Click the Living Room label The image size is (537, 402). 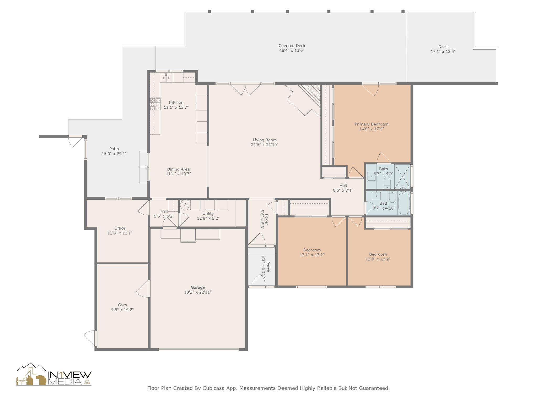(265, 140)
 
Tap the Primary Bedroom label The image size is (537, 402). (371, 124)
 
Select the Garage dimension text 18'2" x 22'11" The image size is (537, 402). (198, 292)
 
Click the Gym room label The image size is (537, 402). (122, 305)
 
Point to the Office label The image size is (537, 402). (120, 228)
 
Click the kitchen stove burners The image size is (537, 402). (155, 104)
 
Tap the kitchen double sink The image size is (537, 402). (166, 78)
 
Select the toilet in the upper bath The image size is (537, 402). (387, 182)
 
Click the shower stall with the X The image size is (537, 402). (402, 176)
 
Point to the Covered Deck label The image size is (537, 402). (292, 46)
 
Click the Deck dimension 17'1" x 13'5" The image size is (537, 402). (443, 52)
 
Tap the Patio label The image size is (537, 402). (114, 149)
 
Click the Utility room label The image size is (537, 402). (208, 214)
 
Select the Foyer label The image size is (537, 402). (267, 219)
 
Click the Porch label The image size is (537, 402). (268, 266)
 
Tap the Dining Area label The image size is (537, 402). (178, 169)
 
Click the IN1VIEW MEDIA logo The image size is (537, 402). (54, 375)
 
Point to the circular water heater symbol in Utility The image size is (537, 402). (185, 204)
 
